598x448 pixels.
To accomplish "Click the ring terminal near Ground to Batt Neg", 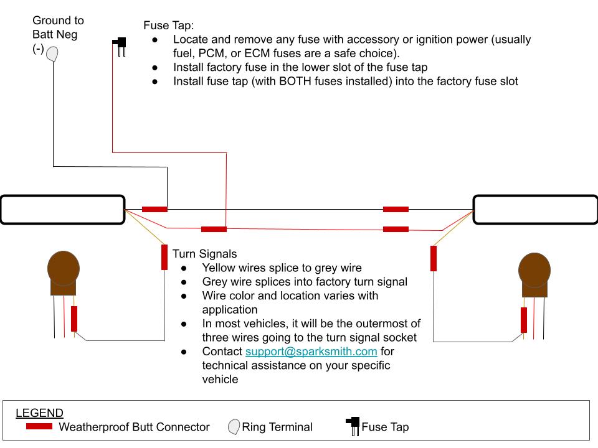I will [x=53, y=54].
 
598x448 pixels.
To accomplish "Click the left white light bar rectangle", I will [x=62, y=210].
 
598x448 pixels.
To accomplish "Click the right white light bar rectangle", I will [x=535, y=210].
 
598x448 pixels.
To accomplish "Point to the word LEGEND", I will [x=39, y=413].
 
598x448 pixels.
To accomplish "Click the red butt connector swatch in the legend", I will [x=39, y=427].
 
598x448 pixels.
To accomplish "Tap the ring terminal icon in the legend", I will [x=234, y=427].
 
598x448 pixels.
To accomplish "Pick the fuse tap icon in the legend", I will [x=353, y=427].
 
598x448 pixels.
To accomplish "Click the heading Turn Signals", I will [x=204, y=254].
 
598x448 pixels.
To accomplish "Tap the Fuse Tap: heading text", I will [x=168, y=26].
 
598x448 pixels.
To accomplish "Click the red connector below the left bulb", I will [x=74, y=319].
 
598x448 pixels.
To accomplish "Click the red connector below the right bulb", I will [x=524, y=320].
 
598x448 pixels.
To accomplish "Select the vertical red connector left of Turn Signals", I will [x=164, y=257].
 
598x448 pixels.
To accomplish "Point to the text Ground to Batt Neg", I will [x=58, y=35].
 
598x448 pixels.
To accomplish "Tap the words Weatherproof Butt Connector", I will [x=134, y=427].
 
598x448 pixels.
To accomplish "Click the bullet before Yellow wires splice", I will [x=185, y=268].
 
